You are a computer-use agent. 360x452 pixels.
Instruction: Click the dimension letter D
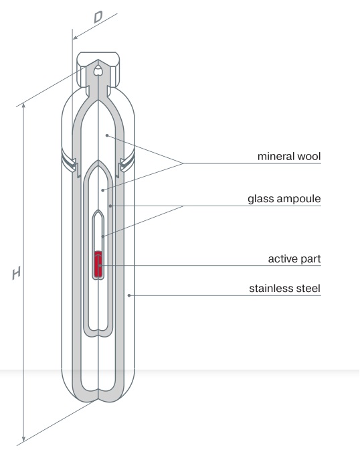click(x=98, y=17)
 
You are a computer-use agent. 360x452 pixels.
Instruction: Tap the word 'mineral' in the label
click(x=276, y=156)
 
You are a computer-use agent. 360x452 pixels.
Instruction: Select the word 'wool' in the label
click(x=308, y=156)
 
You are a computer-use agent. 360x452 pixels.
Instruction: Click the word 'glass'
click(x=259, y=199)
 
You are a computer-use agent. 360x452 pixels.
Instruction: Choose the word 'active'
click(x=282, y=259)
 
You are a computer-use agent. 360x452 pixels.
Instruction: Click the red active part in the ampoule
click(x=98, y=263)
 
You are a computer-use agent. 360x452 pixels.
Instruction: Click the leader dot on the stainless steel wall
click(x=129, y=295)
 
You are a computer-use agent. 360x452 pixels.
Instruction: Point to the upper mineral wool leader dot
click(x=107, y=135)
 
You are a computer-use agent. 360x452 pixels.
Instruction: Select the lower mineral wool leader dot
click(x=103, y=190)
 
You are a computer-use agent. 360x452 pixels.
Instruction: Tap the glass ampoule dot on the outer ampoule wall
click(x=110, y=206)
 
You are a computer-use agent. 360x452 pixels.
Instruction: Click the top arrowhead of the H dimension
click(x=24, y=106)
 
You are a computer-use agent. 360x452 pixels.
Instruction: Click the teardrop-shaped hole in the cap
click(x=98, y=70)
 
